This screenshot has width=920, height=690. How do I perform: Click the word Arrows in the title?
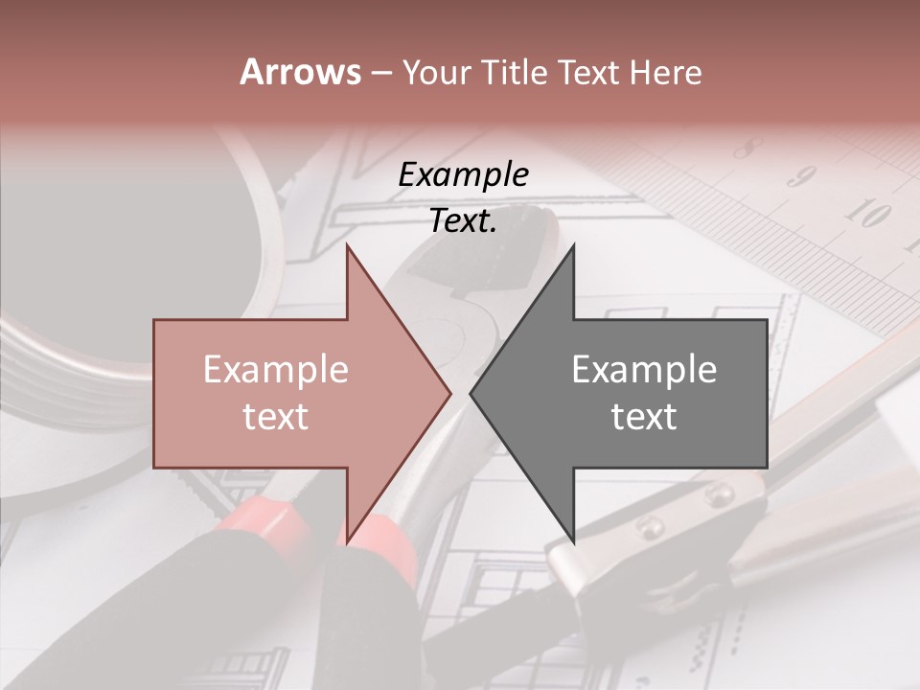tap(300, 72)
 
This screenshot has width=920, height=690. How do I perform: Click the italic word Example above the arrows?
tap(464, 174)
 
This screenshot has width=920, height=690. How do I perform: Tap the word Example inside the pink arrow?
tap(276, 370)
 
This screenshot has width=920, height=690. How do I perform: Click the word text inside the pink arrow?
tap(276, 417)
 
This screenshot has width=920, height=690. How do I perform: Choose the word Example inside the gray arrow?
tap(644, 370)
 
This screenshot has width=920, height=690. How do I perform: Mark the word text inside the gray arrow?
tap(644, 417)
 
